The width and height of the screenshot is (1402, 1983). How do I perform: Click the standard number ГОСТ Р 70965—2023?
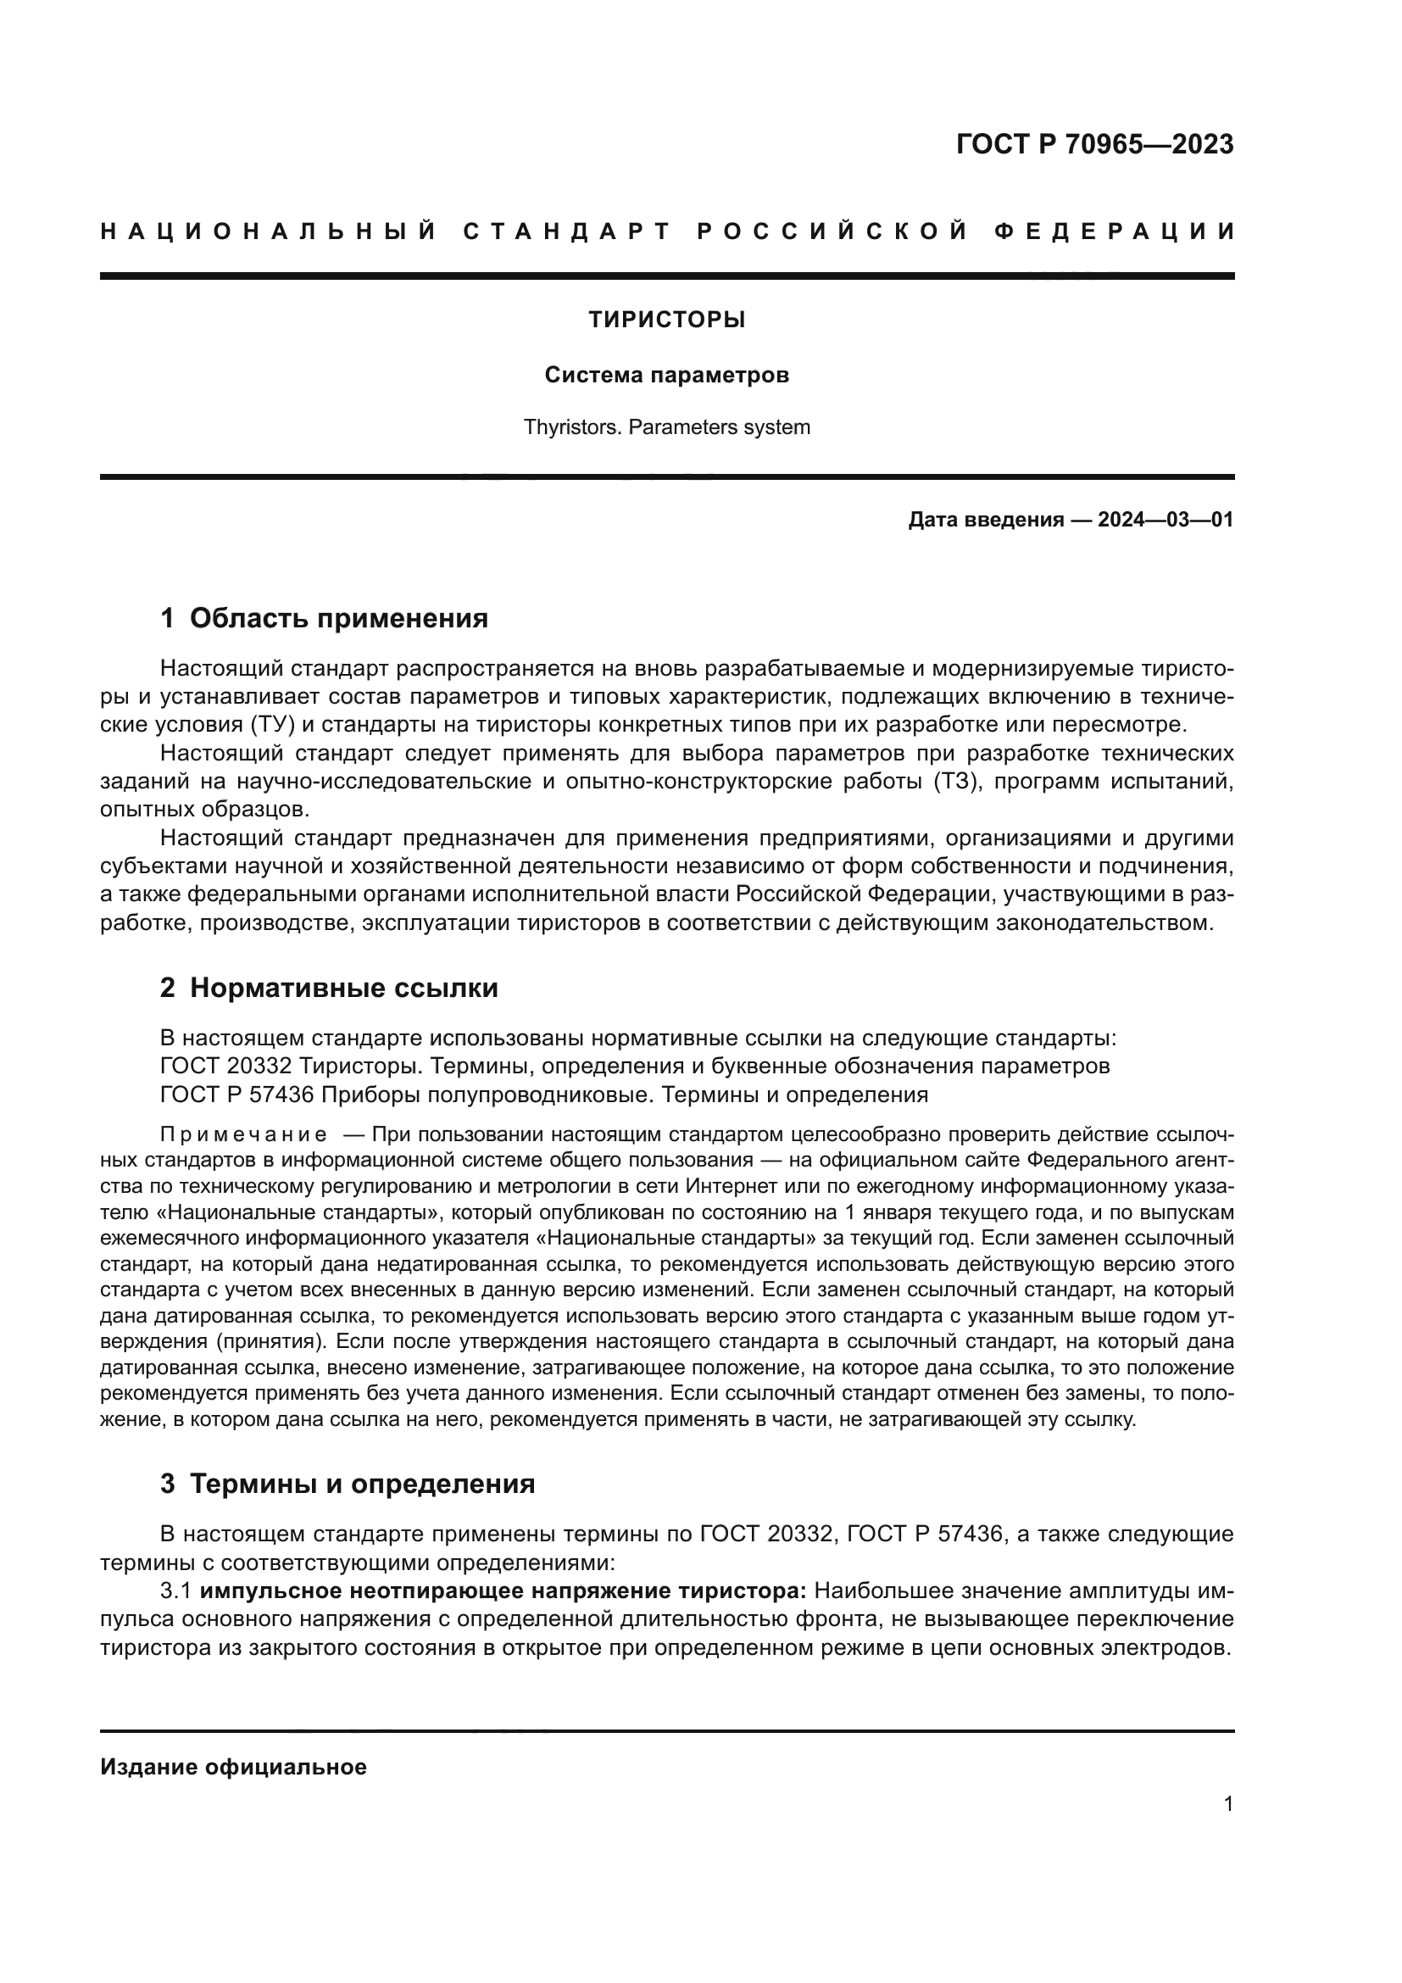(1093, 144)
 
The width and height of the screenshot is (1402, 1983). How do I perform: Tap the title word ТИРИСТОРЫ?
(666, 320)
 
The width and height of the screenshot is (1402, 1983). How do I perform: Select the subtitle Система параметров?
(666, 376)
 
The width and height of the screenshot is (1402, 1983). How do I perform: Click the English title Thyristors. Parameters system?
(666, 426)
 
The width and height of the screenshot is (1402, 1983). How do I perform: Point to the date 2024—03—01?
(1165, 520)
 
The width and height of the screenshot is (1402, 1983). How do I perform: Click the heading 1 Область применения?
(325, 618)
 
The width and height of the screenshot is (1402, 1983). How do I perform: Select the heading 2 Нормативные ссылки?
(329, 988)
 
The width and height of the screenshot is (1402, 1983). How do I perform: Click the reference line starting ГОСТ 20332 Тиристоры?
(635, 1066)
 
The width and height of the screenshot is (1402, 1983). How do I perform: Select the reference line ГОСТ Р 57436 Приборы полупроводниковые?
(544, 1095)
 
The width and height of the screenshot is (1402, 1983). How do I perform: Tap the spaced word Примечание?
(243, 1134)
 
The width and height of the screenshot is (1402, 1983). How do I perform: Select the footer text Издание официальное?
(233, 1767)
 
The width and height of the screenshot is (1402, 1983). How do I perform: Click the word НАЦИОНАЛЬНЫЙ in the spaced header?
(269, 231)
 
